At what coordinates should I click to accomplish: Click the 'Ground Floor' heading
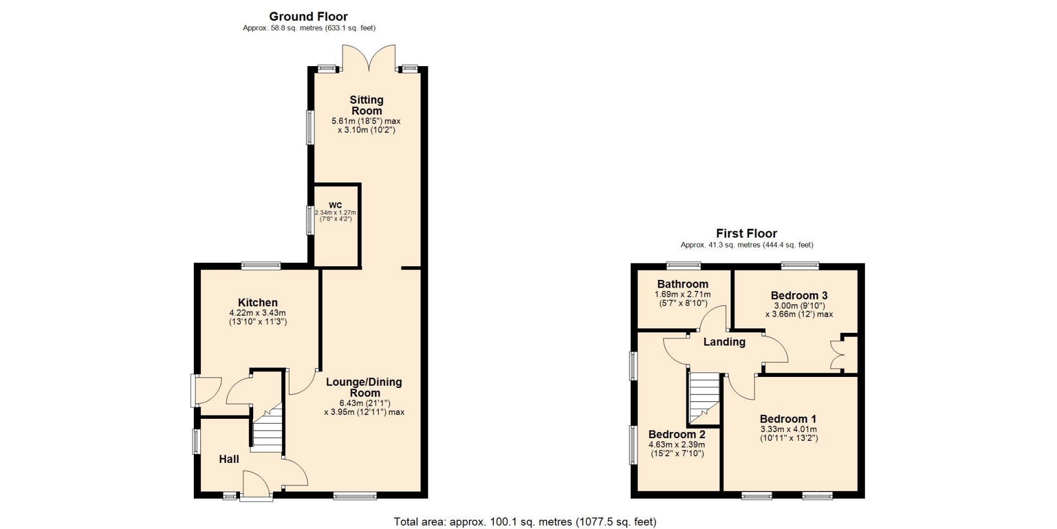pyautogui.click(x=308, y=17)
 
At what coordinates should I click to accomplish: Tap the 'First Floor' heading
pyautogui.click(x=747, y=234)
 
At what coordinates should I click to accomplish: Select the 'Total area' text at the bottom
pyautogui.click(x=525, y=521)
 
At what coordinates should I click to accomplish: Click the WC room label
pyautogui.click(x=335, y=205)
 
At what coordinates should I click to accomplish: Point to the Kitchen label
pyautogui.click(x=258, y=303)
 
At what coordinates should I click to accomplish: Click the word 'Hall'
pyautogui.click(x=229, y=459)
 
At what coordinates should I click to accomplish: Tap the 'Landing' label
pyautogui.click(x=724, y=342)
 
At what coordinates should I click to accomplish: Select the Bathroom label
pyautogui.click(x=683, y=284)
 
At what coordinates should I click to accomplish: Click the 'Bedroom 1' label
pyautogui.click(x=788, y=419)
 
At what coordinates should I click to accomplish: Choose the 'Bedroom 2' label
pyautogui.click(x=677, y=434)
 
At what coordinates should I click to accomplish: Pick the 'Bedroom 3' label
pyautogui.click(x=799, y=295)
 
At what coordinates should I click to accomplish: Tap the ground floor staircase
pyautogui.click(x=268, y=428)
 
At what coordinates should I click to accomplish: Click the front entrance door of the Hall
pyautogui.click(x=257, y=485)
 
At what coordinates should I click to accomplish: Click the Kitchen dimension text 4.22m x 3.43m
pyautogui.click(x=258, y=313)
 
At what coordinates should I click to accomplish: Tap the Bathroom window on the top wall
pyautogui.click(x=684, y=265)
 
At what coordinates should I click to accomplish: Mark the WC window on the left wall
pyautogui.click(x=310, y=220)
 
